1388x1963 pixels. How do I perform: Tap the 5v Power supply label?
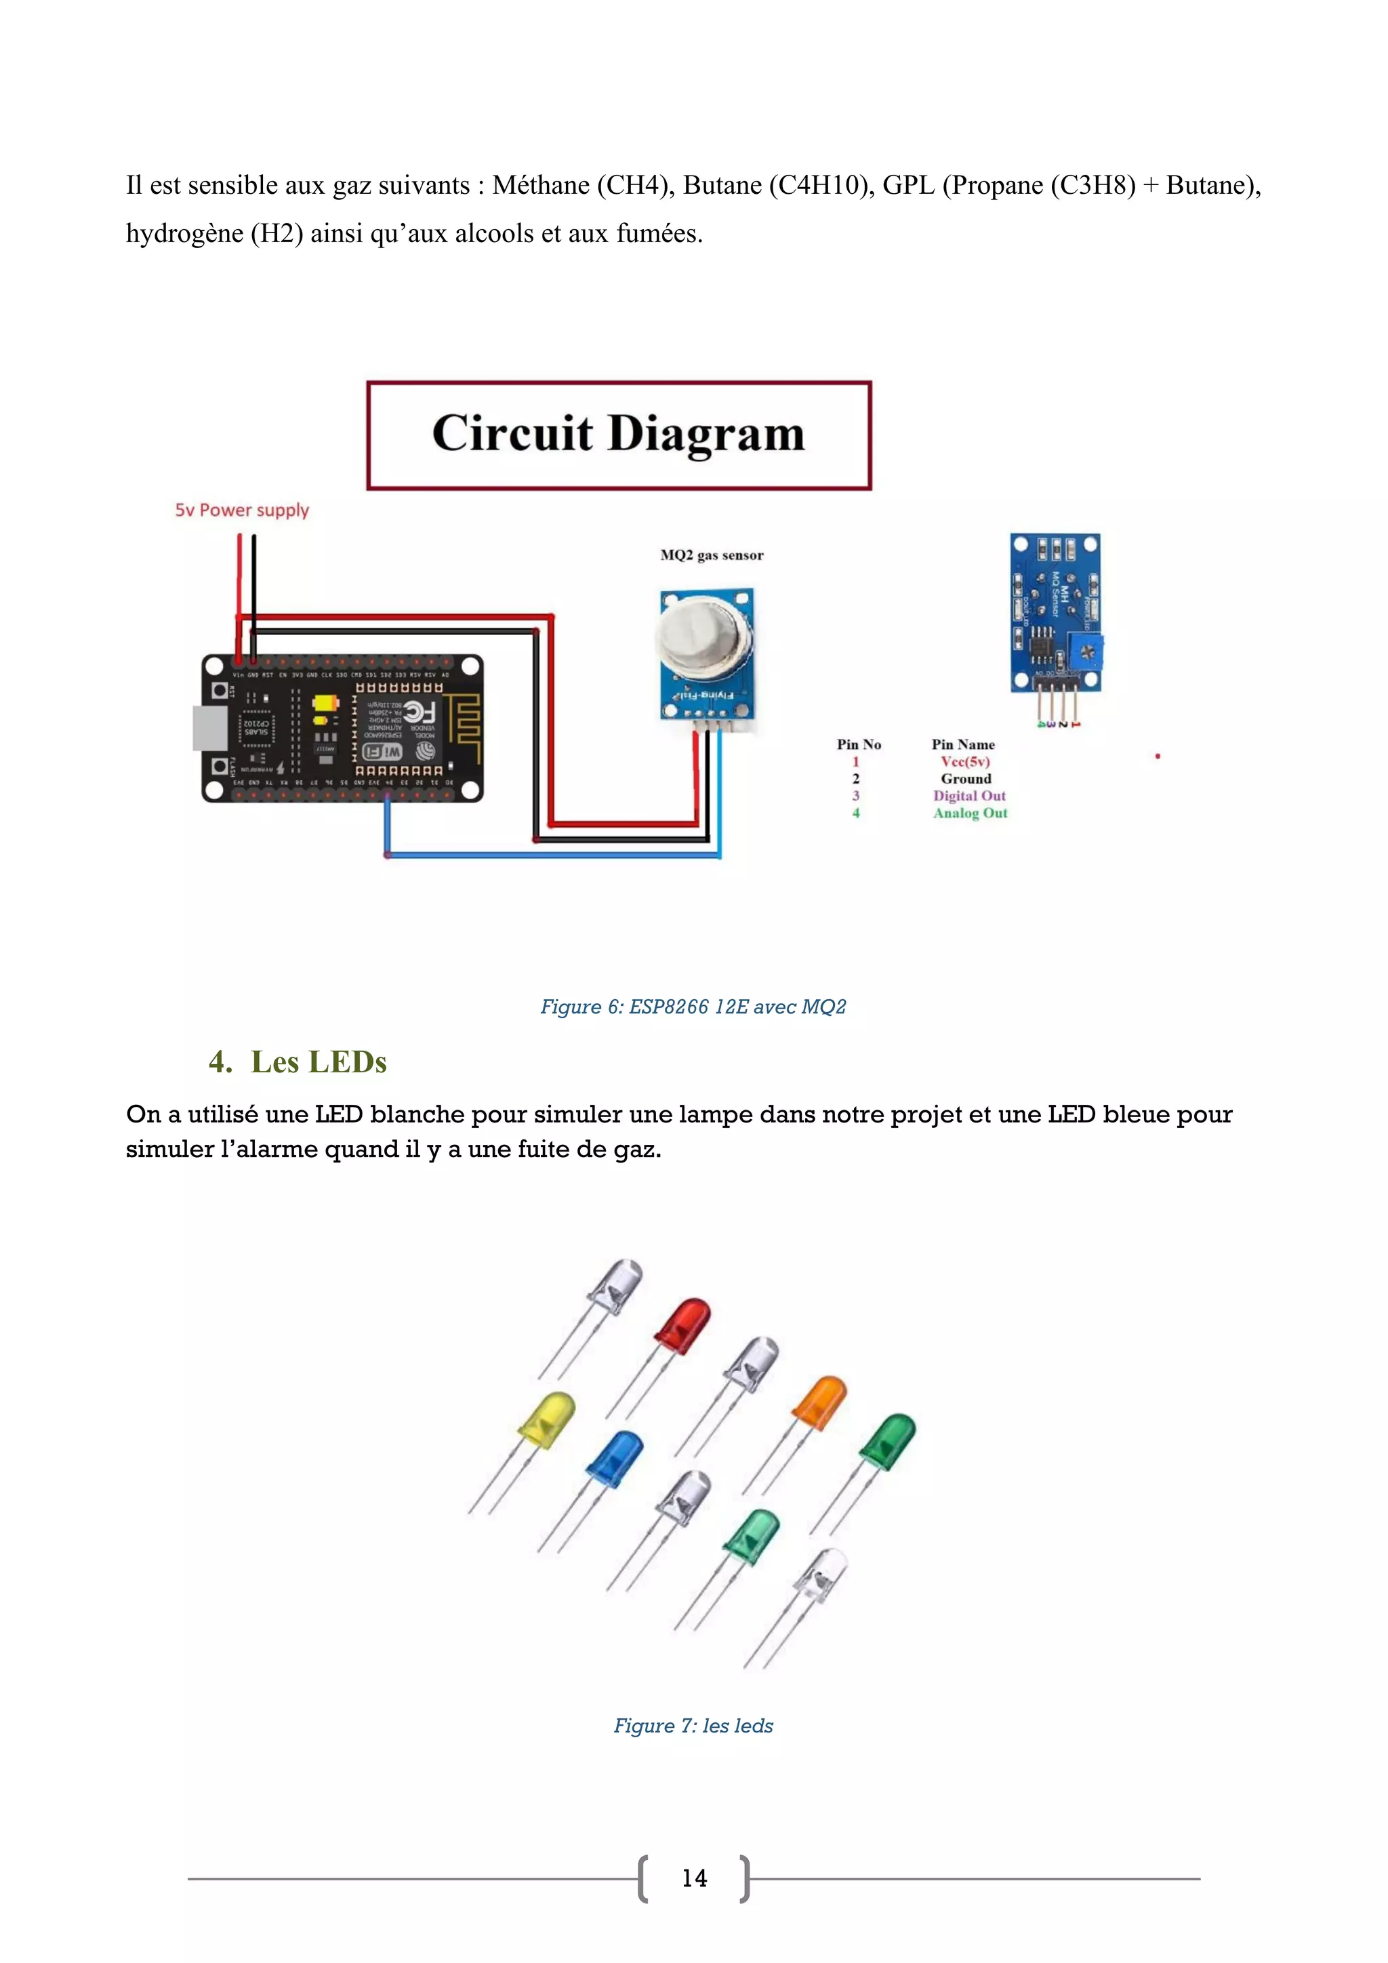[242, 510]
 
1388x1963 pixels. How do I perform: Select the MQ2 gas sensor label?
[711, 556]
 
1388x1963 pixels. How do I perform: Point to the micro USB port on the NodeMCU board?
[210, 727]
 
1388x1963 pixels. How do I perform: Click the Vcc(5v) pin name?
[965, 762]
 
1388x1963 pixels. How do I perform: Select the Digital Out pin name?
[969, 796]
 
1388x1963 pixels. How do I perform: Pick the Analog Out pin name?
[970, 813]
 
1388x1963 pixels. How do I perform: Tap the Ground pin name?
[966, 779]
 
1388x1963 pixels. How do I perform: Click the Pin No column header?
[858, 745]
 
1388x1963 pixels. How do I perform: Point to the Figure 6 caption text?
[693, 1007]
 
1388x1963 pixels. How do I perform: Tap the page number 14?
[694, 1878]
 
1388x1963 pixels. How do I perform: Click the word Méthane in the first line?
[540, 186]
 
